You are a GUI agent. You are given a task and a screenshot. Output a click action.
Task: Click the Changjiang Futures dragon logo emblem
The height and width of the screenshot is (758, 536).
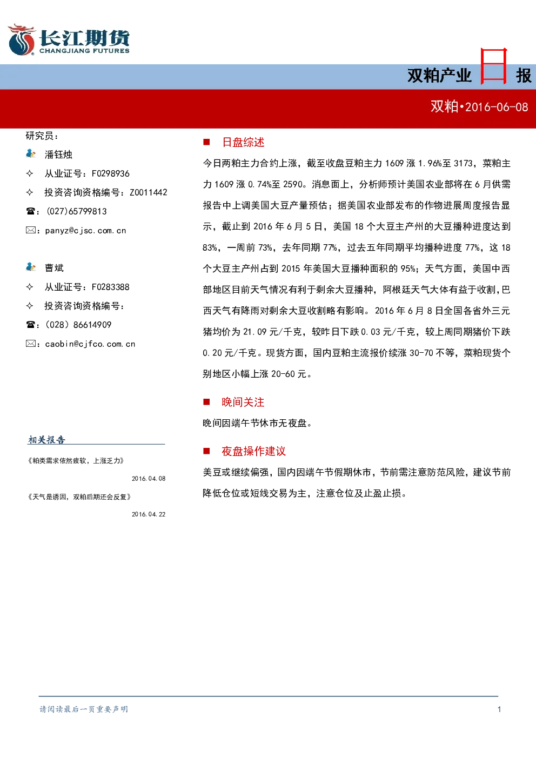(x=22, y=39)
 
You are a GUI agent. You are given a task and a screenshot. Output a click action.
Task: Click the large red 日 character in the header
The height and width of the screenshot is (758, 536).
(x=494, y=66)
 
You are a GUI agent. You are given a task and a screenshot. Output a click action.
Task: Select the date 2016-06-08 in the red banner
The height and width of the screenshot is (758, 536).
(x=497, y=108)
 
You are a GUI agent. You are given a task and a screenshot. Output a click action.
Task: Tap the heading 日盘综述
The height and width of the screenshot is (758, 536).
(x=243, y=142)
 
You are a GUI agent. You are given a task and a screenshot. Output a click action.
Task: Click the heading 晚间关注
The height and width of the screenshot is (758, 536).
(x=243, y=402)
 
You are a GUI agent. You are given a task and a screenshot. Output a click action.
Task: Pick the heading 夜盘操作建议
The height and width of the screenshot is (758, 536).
(x=253, y=451)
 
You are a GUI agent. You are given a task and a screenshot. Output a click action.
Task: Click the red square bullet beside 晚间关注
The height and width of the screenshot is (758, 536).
(x=206, y=402)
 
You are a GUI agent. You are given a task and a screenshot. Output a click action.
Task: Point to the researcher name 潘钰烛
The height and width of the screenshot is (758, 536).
(x=58, y=155)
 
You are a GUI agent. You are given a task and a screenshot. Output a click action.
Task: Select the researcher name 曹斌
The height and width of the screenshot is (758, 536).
(x=54, y=268)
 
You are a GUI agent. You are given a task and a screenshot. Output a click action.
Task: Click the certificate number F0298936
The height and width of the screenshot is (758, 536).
(x=111, y=173)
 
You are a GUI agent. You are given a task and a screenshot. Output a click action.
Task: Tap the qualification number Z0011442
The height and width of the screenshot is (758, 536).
(x=149, y=192)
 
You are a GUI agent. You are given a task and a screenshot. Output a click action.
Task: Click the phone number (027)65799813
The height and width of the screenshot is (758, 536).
(x=77, y=211)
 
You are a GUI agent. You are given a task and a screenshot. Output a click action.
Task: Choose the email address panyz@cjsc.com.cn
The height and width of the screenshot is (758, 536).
(x=85, y=231)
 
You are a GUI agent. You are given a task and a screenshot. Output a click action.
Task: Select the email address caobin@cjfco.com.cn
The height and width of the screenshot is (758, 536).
(x=90, y=344)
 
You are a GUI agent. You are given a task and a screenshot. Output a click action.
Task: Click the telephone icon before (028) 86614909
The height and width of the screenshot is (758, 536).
(x=30, y=325)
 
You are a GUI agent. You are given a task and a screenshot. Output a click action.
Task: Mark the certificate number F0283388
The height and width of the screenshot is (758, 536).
(x=111, y=287)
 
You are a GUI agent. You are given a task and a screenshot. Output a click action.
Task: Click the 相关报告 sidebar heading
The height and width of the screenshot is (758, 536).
(x=46, y=440)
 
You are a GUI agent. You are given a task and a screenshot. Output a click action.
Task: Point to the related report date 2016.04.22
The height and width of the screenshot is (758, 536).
(x=149, y=514)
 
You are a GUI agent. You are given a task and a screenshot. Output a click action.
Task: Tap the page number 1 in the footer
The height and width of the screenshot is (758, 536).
(x=499, y=709)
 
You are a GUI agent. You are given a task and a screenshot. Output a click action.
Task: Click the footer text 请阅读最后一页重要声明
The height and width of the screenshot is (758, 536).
(x=84, y=709)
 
